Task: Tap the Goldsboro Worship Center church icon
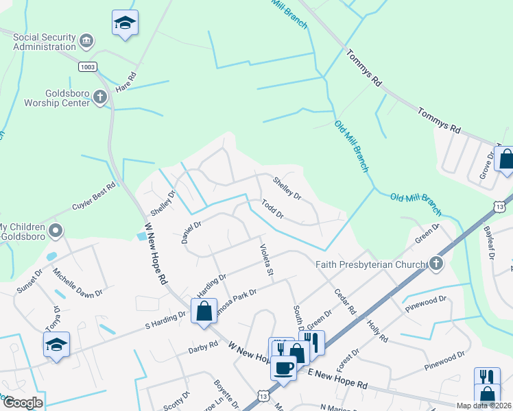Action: (100, 97)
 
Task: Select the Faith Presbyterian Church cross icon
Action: (434, 264)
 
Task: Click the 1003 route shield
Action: (87, 66)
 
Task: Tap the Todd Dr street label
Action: (272, 209)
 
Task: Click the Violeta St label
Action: (265, 261)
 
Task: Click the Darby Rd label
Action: (202, 349)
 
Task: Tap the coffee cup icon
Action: (284, 369)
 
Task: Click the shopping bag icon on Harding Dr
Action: (204, 311)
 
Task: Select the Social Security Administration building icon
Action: (86, 41)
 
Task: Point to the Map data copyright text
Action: (483, 406)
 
